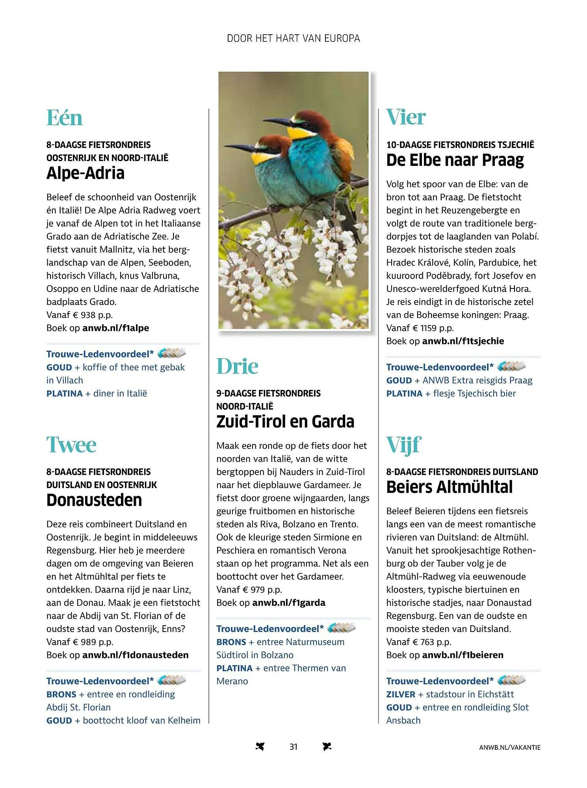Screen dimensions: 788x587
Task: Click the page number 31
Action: point(293,747)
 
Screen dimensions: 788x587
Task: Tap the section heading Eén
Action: point(65,117)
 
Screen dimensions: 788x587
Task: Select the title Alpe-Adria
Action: point(85,173)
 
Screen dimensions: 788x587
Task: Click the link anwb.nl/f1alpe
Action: point(115,328)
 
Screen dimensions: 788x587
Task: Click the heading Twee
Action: point(71,445)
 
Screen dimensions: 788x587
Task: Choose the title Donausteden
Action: point(94,500)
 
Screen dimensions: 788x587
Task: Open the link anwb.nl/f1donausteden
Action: point(135,655)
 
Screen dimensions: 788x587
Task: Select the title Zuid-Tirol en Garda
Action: point(285,422)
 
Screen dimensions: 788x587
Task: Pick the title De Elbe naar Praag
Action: point(455,160)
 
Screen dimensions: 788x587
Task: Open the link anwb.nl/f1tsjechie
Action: point(463,341)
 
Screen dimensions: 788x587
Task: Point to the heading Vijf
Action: point(404,445)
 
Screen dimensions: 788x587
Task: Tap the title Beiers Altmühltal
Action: point(450,487)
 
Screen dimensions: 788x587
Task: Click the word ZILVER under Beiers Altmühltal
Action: point(401,694)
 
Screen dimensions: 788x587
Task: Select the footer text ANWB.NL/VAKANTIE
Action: point(509,747)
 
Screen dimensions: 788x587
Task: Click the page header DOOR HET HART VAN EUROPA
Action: point(293,38)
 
